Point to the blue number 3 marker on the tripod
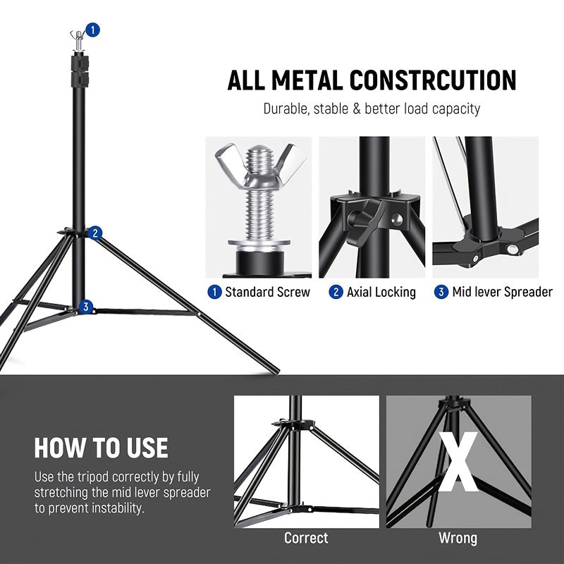(x=86, y=307)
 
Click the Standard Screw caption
(x=267, y=292)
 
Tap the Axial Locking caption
(x=381, y=292)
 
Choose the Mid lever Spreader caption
(x=502, y=292)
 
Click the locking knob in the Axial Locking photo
(x=369, y=214)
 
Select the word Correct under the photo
(x=306, y=538)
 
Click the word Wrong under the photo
(x=458, y=538)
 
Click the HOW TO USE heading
(x=102, y=448)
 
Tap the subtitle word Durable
(x=286, y=109)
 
